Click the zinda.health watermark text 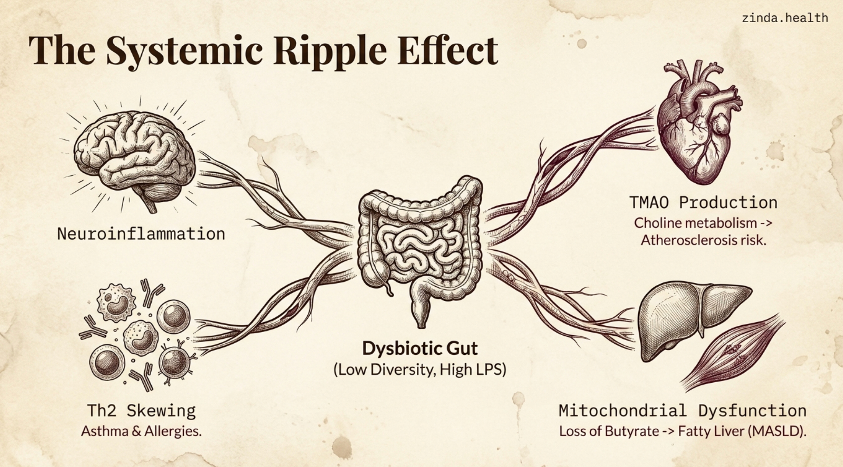[x=785, y=18]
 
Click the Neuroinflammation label [x=141, y=234]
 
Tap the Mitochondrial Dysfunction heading [x=682, y=411]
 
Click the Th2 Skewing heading [x=141, y=411]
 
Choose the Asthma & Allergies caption [x=141, y=431]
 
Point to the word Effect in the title [x=448, y=51]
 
